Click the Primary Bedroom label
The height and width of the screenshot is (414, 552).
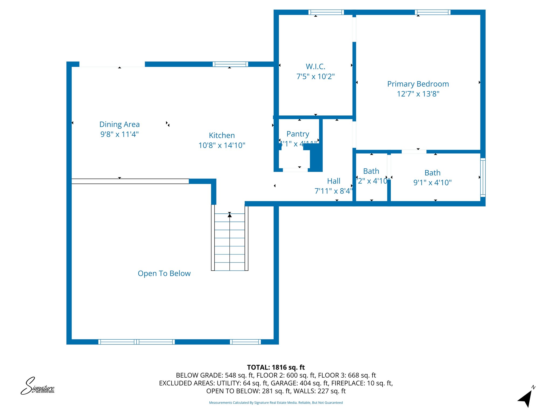pos(418,84)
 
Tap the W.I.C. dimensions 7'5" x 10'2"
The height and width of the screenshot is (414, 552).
pos(315,77)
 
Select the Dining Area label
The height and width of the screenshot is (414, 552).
pos(119,124)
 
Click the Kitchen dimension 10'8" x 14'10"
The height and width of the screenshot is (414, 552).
pos(222,145)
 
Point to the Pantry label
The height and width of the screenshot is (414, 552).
pos(298,134)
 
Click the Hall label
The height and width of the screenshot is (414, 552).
pos(334,181)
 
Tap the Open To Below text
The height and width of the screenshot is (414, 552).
pos(164,273)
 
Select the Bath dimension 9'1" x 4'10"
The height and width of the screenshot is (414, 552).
pos(432,182)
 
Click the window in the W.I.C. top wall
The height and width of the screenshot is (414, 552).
pos(326,12)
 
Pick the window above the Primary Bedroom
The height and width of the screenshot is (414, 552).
pos(432,12)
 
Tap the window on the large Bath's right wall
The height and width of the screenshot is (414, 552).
pos(483,177)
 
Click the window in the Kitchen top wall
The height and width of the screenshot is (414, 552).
pos(230,64)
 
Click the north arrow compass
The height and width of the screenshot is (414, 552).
pos(526,398)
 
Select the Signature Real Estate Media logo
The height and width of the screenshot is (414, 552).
pos(38,386)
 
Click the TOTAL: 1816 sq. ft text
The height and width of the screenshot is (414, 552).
pos(276,367)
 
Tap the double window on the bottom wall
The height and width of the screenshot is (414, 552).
pos(136,342)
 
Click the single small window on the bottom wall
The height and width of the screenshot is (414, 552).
pos(245,342)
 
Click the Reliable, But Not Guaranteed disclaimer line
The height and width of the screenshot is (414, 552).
pos(276,403)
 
